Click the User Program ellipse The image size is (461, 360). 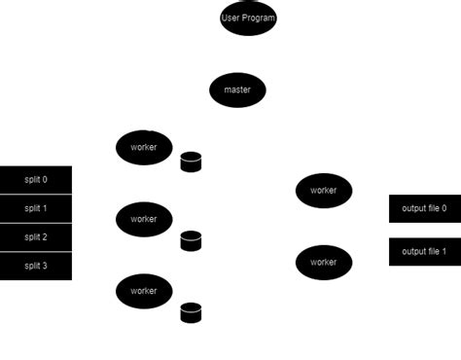click(248, 18)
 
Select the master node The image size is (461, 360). click(237, 90)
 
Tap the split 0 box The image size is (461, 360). click(36, 180)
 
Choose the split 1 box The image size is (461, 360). click(36, 209)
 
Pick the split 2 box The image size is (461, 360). click(36, 237)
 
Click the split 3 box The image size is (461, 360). click(36, 266)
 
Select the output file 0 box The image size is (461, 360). click(424, 209)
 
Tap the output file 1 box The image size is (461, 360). click(424, 252)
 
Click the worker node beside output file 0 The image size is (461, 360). click(324, 191)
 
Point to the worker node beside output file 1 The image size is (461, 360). click(324, 262)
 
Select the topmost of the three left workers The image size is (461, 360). click(144, 148)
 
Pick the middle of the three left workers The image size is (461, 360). click(144, 219)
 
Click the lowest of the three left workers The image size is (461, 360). click(144, 291)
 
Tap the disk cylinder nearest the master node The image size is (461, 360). click(191, 162)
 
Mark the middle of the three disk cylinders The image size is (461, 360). click(191, 240)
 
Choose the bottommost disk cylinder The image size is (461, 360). click(191, 312)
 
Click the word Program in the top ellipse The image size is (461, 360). click(259, 18)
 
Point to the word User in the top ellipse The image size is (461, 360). click(230, 18)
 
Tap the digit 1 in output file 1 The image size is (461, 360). click(443, 252)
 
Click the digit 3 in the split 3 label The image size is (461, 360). click(45, 266)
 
